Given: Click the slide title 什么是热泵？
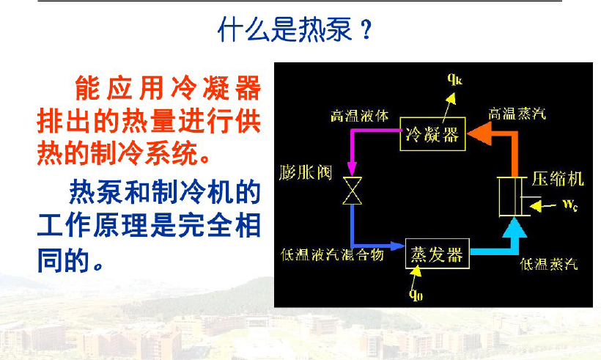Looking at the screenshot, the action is coord(295,29).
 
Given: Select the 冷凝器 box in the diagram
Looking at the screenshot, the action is coord(432,133).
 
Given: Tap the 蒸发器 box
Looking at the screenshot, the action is coord(438,254).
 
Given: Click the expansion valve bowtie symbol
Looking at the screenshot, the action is coord(352,191).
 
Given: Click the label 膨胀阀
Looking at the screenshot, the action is coord(306,172).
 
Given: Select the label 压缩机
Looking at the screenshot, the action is coord(558,179).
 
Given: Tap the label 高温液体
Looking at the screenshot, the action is coord(360,115).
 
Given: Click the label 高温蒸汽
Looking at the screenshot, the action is coord(517,114).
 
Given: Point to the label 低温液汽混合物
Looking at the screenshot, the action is coord(332,254).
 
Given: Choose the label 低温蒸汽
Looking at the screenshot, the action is coord(549,264).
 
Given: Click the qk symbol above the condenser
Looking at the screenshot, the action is coord(455,79).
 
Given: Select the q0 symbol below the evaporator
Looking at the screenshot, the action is coord(416,295).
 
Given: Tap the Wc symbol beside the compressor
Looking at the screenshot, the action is coord(570,205).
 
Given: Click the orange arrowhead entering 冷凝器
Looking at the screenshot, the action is coord(479,133).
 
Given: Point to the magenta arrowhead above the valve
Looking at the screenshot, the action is coord(352,169).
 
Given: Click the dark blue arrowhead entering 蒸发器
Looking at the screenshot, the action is coord(397,246).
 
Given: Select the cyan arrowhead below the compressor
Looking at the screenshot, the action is coord(514,227).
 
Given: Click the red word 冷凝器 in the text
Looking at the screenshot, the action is coord(216,87).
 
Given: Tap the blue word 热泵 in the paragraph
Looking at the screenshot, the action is coord(96,191).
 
